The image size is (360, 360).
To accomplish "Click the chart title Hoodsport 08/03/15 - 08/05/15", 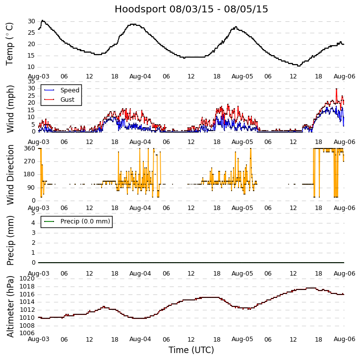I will pyautogui.click(x=191, y=9).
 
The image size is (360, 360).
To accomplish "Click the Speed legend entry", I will pyautogui.click(x=69, y=90).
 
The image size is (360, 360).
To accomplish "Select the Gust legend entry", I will pyautogui.click(x=67, y=100).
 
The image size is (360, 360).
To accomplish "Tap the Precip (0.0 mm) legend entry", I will pyautogui.click(x=85, y=221).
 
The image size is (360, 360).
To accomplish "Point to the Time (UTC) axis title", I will pyautogui.click(x=191, y=350).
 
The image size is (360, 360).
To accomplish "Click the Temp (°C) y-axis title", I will pyautogui.click(x=10, y=44).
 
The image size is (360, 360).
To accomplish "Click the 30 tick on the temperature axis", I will pyautogui.click(x=31, y=21).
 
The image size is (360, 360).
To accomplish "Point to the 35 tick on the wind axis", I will pyautogui.click(x=31, y=81).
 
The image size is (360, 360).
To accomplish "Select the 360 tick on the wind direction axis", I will pyautogui.click(x=29, y=148).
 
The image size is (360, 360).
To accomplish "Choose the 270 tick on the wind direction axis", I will pyautogui.click(x=29, y=161).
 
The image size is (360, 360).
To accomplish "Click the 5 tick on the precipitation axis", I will pyautogui.click(x=33, y=213).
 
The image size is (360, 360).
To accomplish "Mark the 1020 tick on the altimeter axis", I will pyautogui.click(x=27, y=279).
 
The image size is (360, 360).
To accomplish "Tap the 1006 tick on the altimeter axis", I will pyautogui.click(x=27, y=333).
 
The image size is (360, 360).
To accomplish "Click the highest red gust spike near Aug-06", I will pyautogui.click(x=336, y=89).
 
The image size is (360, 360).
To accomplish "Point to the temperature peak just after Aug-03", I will pyautogui.click(x=43, y=21).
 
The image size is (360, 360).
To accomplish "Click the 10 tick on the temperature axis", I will pyautogui.click(x=31, y=67).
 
